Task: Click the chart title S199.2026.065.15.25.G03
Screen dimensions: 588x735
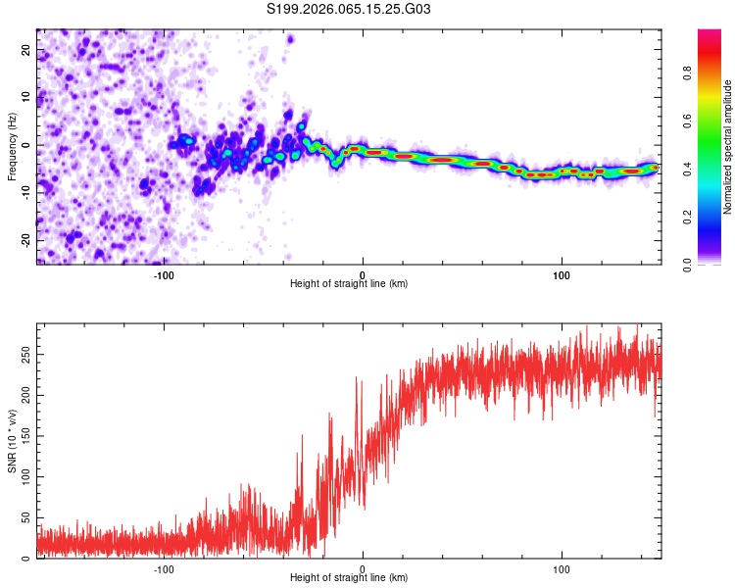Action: tap(350, 10)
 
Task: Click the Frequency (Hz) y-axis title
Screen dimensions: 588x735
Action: tap(13, 148)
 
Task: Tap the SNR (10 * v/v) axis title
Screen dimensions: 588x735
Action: tap(13, 442)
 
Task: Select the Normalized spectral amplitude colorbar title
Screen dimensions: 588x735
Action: tap(728, 147)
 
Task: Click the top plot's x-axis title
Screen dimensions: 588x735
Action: tap(349, 284)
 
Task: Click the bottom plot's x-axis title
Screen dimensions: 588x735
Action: tap(349, 578)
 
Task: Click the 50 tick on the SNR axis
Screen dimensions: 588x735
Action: tap(26, 517)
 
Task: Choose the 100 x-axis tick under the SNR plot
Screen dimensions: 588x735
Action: tap(562, 568)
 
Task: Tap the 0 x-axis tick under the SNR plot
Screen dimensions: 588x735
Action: tap(363, 568)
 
